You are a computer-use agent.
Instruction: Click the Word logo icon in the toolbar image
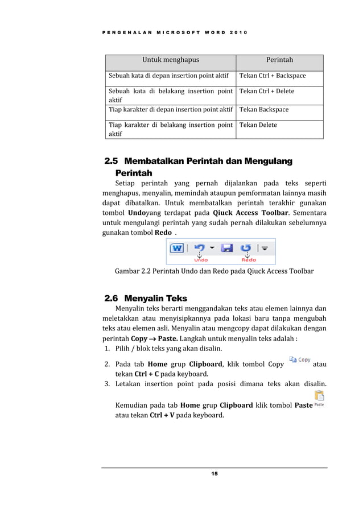177,248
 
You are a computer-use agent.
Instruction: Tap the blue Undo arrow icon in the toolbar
199,248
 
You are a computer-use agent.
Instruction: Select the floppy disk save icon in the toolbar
226,248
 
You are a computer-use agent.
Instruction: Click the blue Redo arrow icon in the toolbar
246,248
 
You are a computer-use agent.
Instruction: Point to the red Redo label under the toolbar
249,260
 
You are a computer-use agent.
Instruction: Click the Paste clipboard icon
319,396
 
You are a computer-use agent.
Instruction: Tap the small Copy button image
300,360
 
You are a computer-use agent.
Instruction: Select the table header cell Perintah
279,59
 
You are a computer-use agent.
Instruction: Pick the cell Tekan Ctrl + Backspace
273,76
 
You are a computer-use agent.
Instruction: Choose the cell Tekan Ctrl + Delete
267,91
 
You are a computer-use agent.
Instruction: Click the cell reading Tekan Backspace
264,109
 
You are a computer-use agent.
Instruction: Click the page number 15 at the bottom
214,474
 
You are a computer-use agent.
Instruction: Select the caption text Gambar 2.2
133,272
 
